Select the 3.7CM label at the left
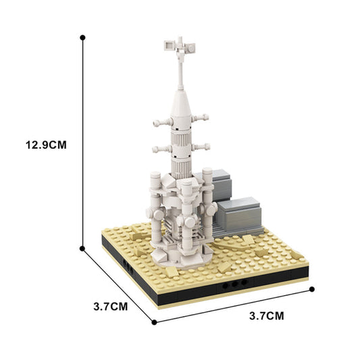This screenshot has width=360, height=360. pos(109,305)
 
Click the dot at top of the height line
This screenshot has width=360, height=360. pos(82,38)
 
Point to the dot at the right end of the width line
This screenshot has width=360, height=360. pos(313,289)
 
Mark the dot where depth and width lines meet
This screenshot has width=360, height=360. pos(155,322)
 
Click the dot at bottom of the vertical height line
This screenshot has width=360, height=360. pos(82,249)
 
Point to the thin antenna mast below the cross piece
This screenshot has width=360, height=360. pos(181,71)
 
